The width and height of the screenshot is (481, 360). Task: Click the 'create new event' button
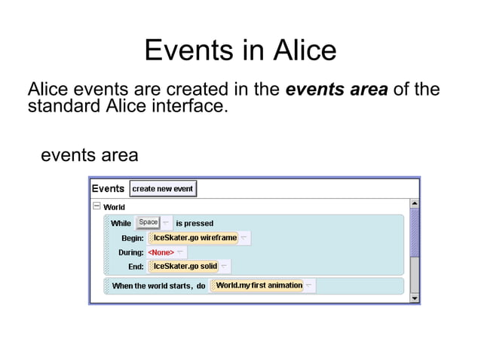tap(163, 188)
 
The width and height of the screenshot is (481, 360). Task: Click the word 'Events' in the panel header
tap(108, 188)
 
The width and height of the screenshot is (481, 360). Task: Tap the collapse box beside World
tap(97, 206)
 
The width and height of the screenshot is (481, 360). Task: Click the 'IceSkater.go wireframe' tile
tap(193, 238)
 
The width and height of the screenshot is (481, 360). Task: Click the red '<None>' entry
tap(161, 252)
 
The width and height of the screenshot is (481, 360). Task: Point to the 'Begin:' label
tap(133, 238)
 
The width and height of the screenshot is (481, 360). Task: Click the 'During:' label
tap(131, 252)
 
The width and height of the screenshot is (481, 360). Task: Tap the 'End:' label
tap(136, 267)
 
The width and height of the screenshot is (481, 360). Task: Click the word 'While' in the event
tap(121, 223)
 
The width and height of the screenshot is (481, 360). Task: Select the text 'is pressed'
tap(195, 223)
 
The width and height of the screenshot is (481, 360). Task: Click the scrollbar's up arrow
tap(414, 203)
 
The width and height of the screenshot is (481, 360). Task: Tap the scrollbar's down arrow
tap(414, 298)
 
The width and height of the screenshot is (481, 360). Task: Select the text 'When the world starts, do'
tap(158, 286)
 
